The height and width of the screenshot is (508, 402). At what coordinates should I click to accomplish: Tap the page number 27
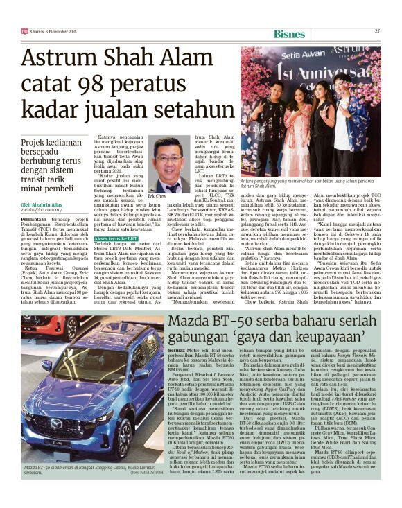378,31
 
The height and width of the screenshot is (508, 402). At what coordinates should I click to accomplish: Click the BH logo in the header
24,31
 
